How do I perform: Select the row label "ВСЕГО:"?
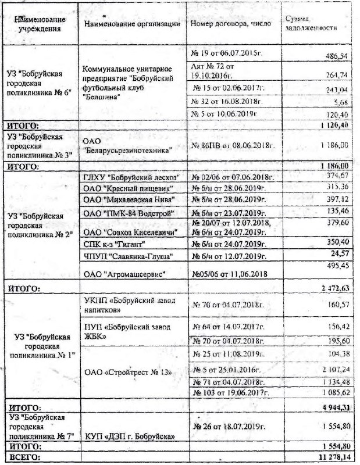pyautogui.click(x=23, y=458)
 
